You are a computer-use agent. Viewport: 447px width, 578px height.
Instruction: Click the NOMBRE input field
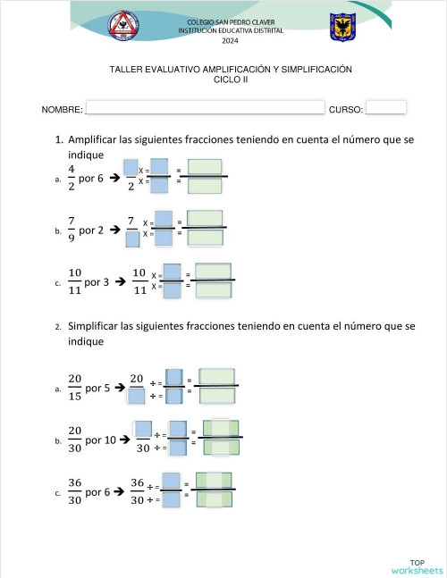tap(204, 108)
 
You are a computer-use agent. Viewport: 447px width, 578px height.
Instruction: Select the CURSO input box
tap(386, 108)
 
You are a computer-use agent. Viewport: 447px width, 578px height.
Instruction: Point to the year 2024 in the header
tap(231, 41)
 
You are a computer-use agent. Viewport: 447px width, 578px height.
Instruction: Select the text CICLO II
tap(231, 80)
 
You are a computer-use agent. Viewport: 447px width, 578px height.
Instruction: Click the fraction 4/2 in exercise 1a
tap(71, 177)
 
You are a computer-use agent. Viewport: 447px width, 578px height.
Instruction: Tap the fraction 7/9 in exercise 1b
tap(71, 230)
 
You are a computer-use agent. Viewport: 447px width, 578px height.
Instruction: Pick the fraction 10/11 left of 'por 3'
tap(75, 281)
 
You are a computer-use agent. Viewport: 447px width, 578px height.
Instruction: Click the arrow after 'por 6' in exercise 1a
tap(114, 178)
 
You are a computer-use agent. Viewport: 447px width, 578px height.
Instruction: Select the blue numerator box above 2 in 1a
tap(131, 167)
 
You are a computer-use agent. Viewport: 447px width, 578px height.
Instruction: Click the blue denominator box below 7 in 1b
tap(131, 239)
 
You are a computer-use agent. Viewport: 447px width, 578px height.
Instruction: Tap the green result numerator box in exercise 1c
tap(214, 271)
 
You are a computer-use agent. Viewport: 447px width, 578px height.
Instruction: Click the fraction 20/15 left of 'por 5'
tap(74, 388)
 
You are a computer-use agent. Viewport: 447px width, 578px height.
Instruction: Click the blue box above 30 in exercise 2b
tap(142, 429)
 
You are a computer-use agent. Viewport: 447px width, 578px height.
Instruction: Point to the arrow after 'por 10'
tap(125, 440)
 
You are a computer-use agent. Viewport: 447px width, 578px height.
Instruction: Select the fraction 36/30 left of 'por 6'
tap(74, 491)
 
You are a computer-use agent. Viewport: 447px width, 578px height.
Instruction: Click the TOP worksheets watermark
tap(416, 565)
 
